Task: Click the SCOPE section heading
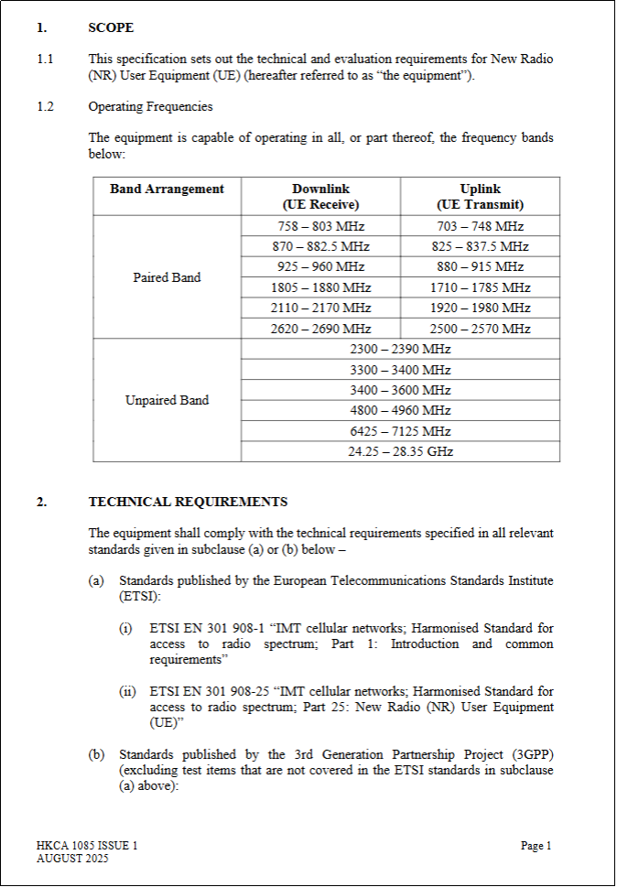pyautogui.click(x=111, y=28)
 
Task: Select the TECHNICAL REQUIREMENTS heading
pyautogui.click(x=188, y=502)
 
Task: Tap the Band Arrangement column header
pyautogui.click(x=167, y=189)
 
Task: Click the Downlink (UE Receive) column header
pyautogui.click(x=320, y=197)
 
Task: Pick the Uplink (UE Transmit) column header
pyautogui.click(x=480, y=197)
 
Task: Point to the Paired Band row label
pyautogui.click(x=167, y=277)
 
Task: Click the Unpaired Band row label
pyautogui.click(x=167, y=400)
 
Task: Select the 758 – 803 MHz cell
pyautogui.click(x=320, y=226)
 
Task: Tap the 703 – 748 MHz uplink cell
pyautogui.click(x=480, y=226)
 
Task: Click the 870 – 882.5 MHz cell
pyautogui.click(x=320, y=246)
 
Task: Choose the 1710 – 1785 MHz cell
pyautogui.click(x=480, y=287)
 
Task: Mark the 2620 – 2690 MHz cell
pyautogui.click(x=320, y=329)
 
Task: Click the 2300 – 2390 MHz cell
pyautogui.click(x=400, y=349)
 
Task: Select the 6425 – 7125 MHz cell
pyautogui.click(x=400, y=431)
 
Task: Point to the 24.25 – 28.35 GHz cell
pyautogui.click(x=400, y=451)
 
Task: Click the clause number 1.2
pyautogui.click(x=46, y=107)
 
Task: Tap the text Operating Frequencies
pyautogui.click(x=150, y=107)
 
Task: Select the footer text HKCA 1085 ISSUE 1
pyautogui.click(x=87, y=847)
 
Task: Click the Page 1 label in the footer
pyautogui.click(x=536, y=847)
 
